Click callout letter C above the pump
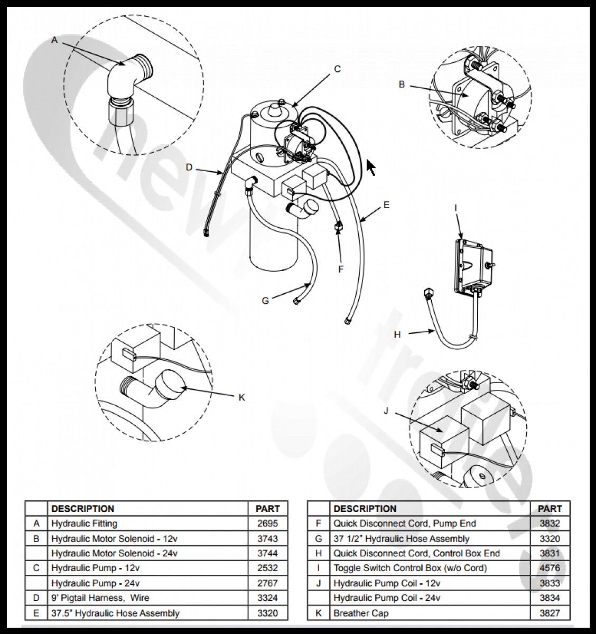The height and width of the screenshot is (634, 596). [338, 69]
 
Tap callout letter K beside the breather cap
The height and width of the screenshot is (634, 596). [242, 397]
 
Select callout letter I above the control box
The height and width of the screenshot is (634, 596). [455, 208]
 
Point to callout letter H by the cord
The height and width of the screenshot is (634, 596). [397, 334]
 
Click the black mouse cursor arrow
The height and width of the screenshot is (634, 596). [371, 168]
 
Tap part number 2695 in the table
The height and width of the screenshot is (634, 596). [267, 524]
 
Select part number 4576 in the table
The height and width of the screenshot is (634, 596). [550, 568]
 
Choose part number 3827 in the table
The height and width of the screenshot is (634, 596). [550, 613]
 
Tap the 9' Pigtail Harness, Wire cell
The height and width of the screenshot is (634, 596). [100, 598]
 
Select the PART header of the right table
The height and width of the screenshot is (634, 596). [550, 509]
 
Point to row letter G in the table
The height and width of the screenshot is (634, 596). [318, 539]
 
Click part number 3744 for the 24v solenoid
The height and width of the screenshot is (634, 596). [267, 553]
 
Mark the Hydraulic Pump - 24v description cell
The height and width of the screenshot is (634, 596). [96, 583]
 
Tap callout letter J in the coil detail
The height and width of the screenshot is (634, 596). [386, 411]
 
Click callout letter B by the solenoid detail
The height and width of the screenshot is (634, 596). [402, 84]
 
